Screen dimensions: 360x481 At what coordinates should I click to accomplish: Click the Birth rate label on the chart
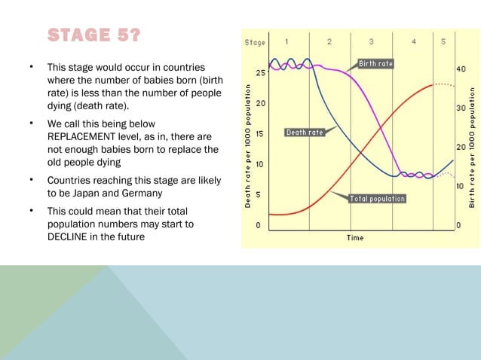click(375, 64)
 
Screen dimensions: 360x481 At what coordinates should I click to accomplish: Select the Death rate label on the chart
click(305, 133)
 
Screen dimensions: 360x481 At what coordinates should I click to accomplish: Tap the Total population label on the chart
click(377, 199)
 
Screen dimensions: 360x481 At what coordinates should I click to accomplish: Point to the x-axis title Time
click(354, 238)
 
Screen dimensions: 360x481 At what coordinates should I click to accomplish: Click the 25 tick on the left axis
click(259, 73)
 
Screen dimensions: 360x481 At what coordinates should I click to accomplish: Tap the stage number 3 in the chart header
click(371, 41)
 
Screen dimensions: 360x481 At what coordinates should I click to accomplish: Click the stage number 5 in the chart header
click(443, 41)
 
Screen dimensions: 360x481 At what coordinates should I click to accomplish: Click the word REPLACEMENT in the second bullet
click(84, 136)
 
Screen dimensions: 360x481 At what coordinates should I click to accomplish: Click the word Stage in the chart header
click(255, 42)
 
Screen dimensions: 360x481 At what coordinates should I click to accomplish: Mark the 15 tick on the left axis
click(259, 134)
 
